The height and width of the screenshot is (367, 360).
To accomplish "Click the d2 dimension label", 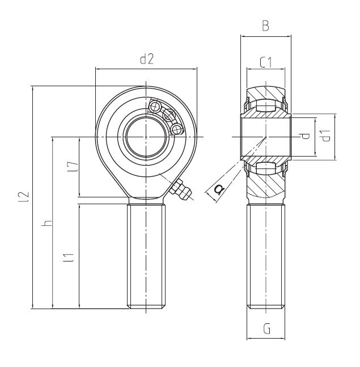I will pyautogui.click(x=146, y=59).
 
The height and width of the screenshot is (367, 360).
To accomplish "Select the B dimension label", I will pyautogui.click(x=265, y=26).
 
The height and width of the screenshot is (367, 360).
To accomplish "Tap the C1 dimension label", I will pyautogui.click(x=265, y=63).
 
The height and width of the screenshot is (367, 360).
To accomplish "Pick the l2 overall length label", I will pyautogui.click(x=23, y=196).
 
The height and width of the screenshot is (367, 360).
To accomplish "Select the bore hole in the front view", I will pyautogui.click(x=146, y=137).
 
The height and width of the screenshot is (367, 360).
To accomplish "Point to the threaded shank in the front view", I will pyautogui.click(x=147, y=255).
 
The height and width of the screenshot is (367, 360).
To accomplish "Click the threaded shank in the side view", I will pyautogui.click(x=265, y=255).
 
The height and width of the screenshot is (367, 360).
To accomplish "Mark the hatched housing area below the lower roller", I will pyautogui.click(x=265, y=187).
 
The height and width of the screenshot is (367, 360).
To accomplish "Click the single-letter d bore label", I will pyautogui.click(x=304, y=136).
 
